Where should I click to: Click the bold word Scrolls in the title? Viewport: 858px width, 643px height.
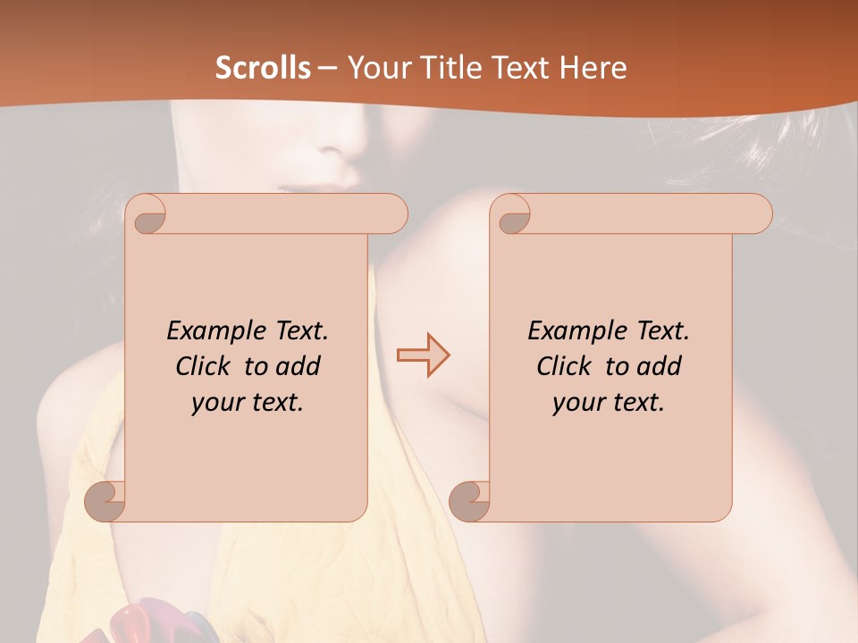click(x=263, y=68)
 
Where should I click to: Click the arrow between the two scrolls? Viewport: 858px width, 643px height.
click(x=423, y=355)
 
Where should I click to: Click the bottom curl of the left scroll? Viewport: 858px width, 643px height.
click(x=105, y=501)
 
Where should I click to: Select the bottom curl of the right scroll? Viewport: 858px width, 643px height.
click(x=470, y=501)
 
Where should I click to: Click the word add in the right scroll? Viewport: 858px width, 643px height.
click(x=658, y=366)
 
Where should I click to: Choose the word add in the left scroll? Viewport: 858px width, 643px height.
click(x=297, y=366)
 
